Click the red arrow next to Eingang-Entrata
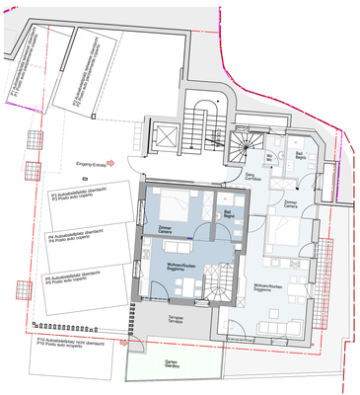pos(114,164)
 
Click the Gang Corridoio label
pos(252,178)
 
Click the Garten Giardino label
pos(174,363)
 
